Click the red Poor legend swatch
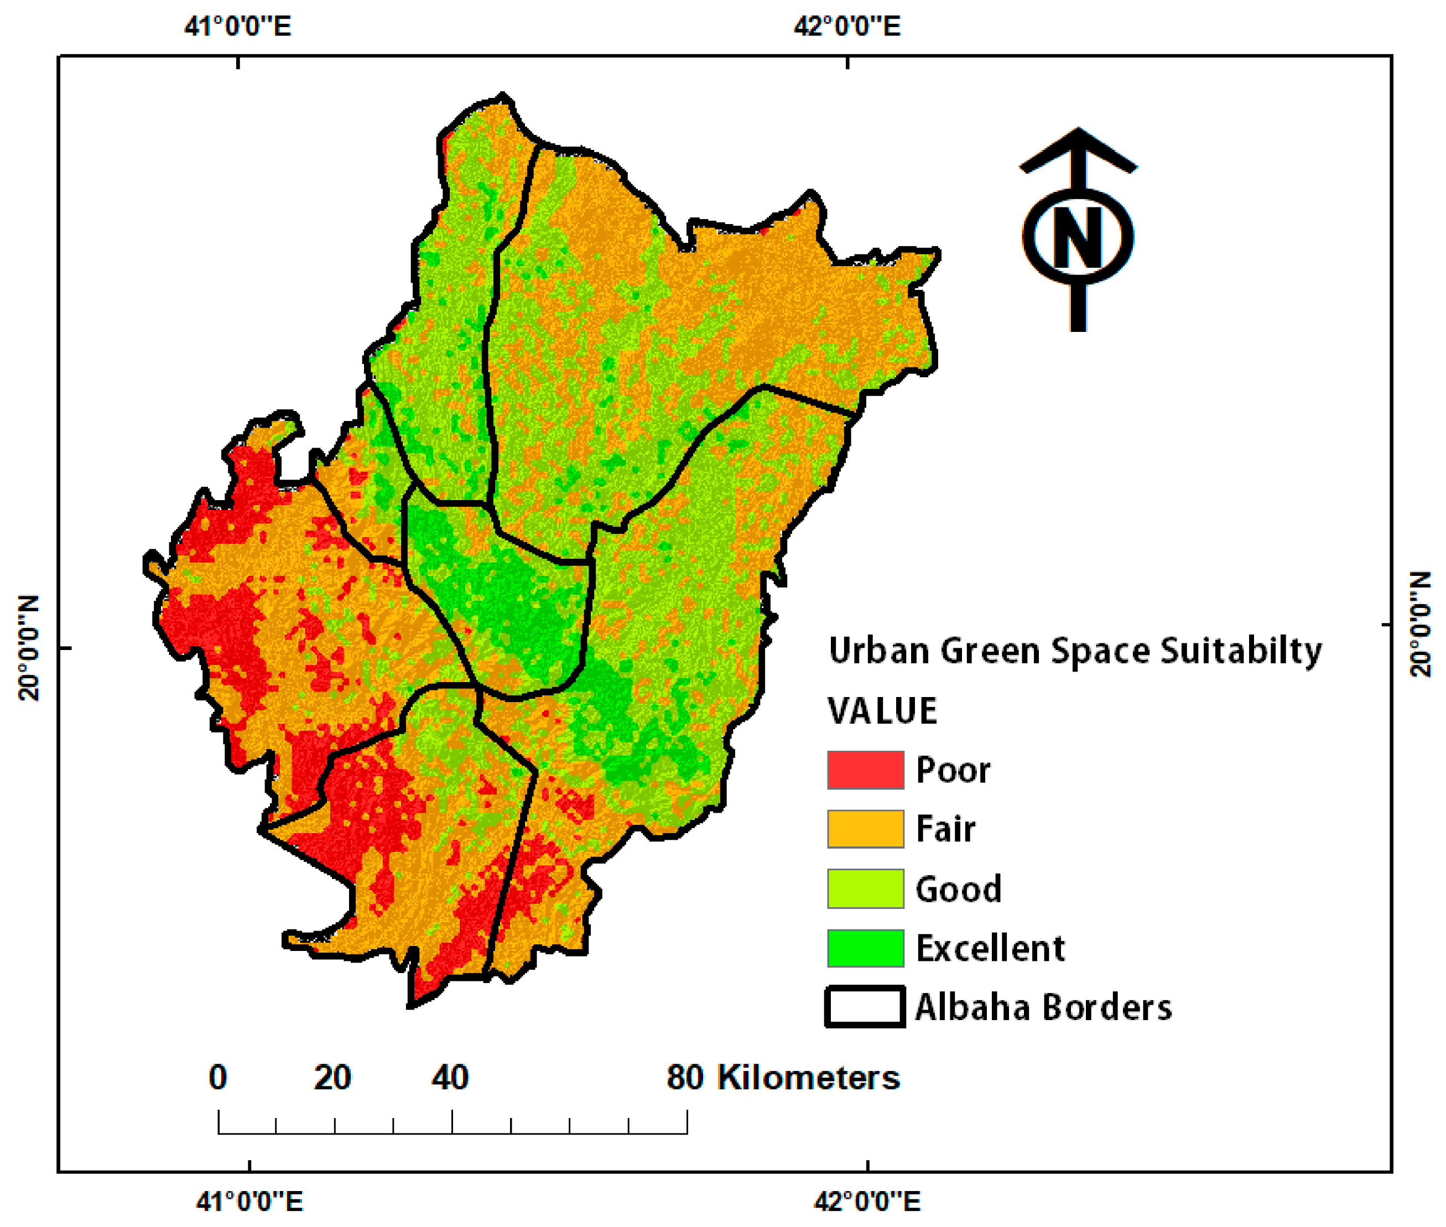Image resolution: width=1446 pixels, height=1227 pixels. coord(865,770)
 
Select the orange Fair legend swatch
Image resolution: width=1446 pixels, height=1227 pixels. coord(865,829)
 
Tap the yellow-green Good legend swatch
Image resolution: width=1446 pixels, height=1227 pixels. coord(865,888)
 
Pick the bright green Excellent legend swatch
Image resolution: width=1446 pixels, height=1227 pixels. coord(865,948)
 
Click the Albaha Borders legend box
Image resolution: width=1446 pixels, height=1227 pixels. coord(865,1006)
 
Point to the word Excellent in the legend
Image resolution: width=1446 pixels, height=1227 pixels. coord(989,948)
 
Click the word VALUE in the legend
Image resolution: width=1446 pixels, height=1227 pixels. coord(882,711)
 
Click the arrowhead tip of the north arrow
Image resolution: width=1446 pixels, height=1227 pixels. coord(1078,131)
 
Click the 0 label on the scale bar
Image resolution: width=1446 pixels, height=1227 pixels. coord(218,1078)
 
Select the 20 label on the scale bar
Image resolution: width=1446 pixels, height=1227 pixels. coord(332,1078)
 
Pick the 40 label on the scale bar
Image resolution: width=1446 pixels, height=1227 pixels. coord(450,1078)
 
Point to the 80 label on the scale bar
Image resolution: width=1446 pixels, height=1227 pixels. coord(685,1078)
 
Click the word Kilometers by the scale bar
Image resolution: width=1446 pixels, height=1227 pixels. coord(808,1078)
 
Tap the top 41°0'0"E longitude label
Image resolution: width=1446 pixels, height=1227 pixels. coord(237,27)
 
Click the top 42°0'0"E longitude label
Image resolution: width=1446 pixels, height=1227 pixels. coord(846,27)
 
